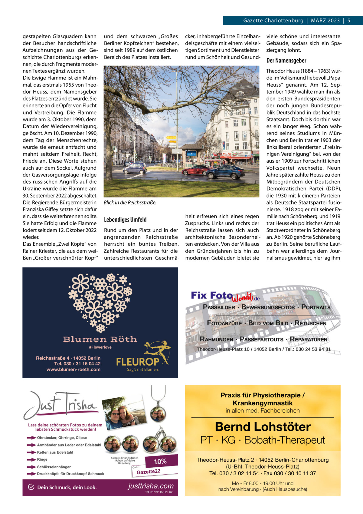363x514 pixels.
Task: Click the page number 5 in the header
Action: pos(348,21)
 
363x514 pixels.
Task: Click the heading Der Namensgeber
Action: pos(286,61)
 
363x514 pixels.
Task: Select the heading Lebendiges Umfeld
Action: pos(125,220)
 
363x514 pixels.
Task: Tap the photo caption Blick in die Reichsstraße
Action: pos(130,203)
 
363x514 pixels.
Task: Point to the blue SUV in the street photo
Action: pos(226,172)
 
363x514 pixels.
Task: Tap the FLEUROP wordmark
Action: pos(138,361)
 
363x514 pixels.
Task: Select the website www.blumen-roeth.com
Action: pos(74,370)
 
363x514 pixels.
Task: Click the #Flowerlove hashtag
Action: pos(100,347)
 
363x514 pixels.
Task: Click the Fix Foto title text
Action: pos(211,295)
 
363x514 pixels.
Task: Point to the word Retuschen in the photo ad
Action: pos(310,323)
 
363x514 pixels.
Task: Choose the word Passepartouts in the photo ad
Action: pos(261,340)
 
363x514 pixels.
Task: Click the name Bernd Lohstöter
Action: pos(263,427)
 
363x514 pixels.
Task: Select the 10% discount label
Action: pos(160,462)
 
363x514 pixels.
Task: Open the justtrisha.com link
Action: pos(151,486)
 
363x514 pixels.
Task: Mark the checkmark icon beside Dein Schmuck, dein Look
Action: pos(31,487)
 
